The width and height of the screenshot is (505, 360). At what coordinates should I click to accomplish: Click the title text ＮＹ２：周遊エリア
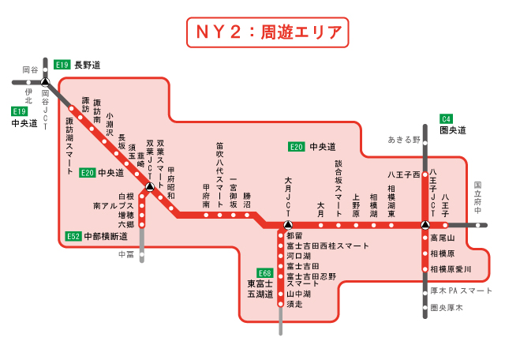pyautogui.click(x=265, y=33)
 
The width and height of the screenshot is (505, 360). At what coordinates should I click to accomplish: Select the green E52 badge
pyautogui.click(x=73, y=235)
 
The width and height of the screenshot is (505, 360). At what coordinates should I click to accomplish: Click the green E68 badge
pyautogui.click(x=264, y=272)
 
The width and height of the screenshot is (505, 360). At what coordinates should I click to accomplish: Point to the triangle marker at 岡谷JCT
pyautogui.click(x=45, y=81)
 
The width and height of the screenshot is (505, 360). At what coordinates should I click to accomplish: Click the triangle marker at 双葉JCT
pyautogui.click(x=149, y=188)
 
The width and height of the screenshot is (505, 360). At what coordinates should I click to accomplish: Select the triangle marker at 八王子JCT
pyautogui.click(x=425, y=226)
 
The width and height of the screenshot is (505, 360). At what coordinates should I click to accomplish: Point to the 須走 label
pyautogui.click(x=294, y=303)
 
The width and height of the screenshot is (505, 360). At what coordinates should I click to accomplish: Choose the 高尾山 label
pyautogui.click(x=443, y=238)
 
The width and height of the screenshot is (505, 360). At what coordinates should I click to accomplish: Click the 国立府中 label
pyautogui.click(x=477, y=197)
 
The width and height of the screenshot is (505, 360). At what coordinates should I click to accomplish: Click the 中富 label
pyautogui.click(x=126, y=254)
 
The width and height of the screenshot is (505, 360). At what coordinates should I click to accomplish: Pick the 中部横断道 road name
pyautogui.click(x=107, y=235)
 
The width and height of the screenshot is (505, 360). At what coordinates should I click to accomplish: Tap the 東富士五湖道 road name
pyautogui.click(x=260, y=288)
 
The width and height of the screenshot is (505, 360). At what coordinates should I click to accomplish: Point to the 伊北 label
pyautogui.click(x=28, y=95)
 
